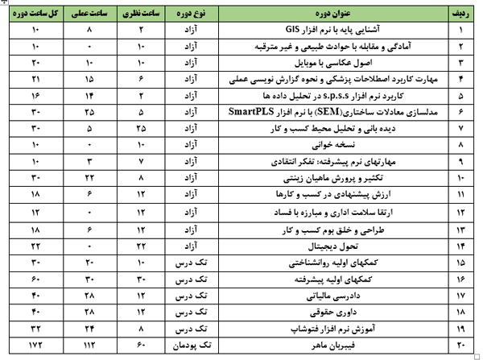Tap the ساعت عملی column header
point(89,12)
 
